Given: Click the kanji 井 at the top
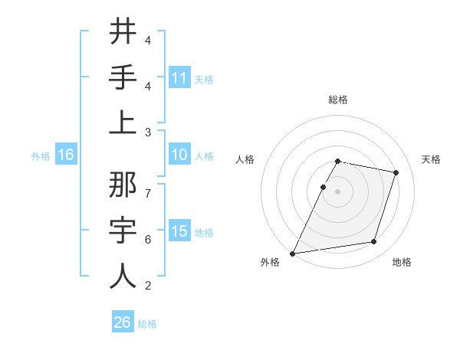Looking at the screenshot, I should (123, 31).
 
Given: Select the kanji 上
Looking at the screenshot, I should (123, 123).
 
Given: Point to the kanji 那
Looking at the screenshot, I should (123, 185).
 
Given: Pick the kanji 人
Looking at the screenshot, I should (123, 276).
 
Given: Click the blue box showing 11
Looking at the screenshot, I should (179, 78).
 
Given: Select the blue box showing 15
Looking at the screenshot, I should (179, 232).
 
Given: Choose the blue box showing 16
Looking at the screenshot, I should (66, 155).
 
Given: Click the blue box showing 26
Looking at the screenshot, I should (123, 323).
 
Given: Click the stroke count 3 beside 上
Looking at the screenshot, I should (148, 133).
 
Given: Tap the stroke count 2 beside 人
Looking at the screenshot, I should (148, 286).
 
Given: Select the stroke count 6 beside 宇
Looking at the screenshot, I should (148, 240).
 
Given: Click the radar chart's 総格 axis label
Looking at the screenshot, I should (337, 100).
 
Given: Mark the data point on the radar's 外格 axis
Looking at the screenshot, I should (292, 253).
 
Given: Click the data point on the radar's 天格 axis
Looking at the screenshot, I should (396, 172).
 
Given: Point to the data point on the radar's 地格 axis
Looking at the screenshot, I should (374, 242).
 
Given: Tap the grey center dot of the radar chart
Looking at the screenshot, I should (337, 191).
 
